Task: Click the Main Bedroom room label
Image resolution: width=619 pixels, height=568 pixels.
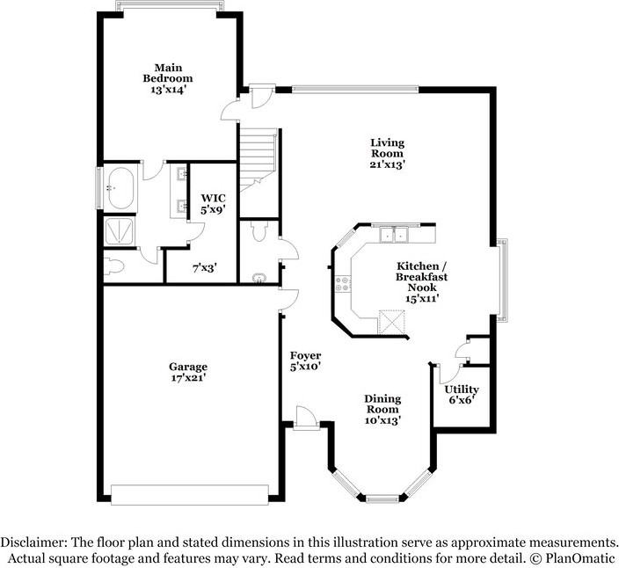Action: [168, 73]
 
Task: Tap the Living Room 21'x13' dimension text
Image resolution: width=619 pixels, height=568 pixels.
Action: [387, 164]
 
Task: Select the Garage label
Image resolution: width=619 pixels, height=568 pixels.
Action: [188, 367]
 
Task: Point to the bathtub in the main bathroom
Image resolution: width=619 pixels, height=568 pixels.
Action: [121, 188]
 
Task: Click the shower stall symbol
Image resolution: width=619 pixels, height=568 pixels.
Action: [120, 231]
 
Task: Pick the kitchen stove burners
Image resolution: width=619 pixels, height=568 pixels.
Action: [343, 284]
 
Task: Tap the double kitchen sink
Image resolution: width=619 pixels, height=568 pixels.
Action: [394, 235]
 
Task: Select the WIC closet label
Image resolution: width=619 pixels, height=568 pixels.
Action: [213, 198]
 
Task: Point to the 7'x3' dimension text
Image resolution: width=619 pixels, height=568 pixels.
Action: [205, 268]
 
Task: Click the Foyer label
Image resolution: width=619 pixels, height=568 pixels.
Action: [305, 355]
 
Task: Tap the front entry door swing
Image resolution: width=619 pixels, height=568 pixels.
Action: [306, 417]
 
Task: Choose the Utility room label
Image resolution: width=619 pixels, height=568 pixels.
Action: [462, 390]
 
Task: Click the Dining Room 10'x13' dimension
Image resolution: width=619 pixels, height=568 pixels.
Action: [382, 421]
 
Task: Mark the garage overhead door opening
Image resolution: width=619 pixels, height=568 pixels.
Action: [190, 495]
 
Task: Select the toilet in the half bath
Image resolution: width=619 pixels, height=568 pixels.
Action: [259, 231]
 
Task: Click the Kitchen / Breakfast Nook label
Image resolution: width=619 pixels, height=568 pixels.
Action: [422, 276]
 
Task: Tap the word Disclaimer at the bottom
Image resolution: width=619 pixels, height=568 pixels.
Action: [34, 543]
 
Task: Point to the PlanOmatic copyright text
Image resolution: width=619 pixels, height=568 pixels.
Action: [572, 558]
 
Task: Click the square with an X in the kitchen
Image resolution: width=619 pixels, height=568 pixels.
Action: [391, 323]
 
